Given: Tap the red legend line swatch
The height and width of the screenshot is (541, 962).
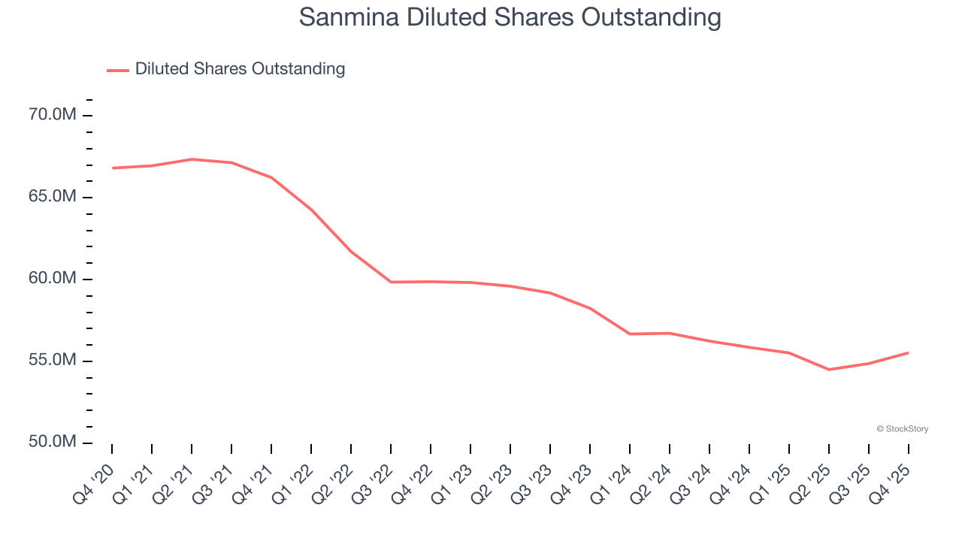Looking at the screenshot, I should pyautogui.click(x=118, y=70).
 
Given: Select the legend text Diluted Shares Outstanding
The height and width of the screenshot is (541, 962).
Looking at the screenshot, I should pyautogui.click(x=240, y=69).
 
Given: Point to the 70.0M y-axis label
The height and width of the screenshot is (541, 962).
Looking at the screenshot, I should pyautogui.click(x=52, y=115).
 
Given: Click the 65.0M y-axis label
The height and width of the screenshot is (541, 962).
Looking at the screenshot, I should pyautogui.click(x=52, y=197).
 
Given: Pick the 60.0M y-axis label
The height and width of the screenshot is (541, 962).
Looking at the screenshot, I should pyautogui.click(x=52, y=279).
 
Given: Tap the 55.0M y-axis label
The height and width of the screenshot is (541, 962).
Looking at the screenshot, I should pyautogui.click(x=52, y=361).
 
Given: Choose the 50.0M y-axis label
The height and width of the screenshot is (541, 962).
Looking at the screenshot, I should pyautogui.click(x=52, y=442).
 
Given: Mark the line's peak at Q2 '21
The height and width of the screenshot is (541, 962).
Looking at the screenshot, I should pyautogui.click(x=192, y=159).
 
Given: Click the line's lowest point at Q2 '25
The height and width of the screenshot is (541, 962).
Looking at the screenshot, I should pyautogui.click(x=829, y=370).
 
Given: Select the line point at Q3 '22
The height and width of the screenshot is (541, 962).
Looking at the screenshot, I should pyautogui.click(x=391, y=282).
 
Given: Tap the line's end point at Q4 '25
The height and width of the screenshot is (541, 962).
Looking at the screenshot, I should pyautogui.click(x=908, y=352).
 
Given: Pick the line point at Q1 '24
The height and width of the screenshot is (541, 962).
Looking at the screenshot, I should pyautogui.click(x=630, y=334).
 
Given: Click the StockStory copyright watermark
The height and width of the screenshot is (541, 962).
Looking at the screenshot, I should pyautogui.click(x=902, y=429).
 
